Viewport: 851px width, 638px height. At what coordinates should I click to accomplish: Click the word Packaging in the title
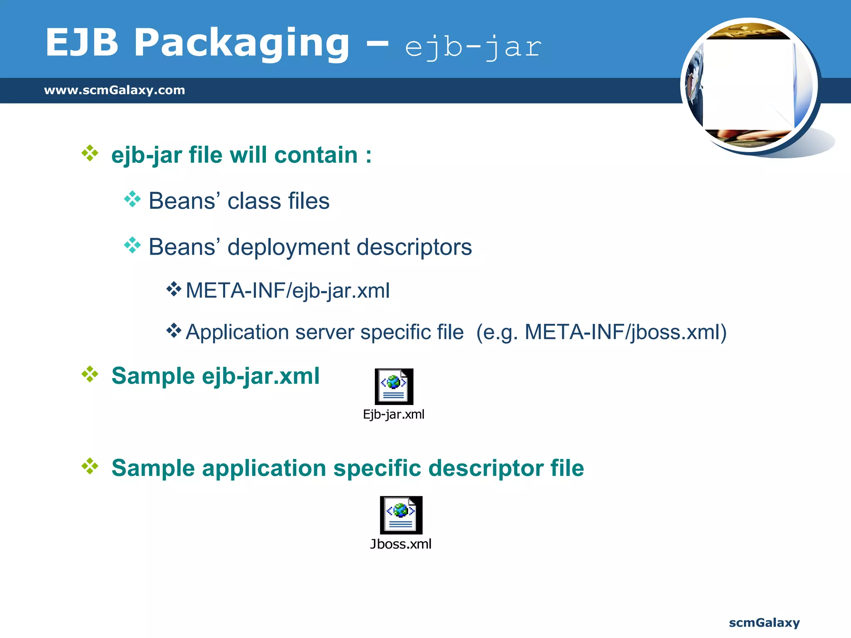(241, 43)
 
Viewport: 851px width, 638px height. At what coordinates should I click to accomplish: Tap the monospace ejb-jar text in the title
(473, 47)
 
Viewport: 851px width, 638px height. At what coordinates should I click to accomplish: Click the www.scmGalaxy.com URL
(114, 90)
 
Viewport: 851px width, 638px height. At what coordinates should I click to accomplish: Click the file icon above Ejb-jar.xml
(394, 386)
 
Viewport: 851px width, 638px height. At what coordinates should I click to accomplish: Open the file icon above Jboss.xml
(401, 515)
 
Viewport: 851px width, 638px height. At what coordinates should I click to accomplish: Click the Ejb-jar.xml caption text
(394, 415)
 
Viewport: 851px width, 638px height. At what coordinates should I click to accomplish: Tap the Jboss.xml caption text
(401, 544)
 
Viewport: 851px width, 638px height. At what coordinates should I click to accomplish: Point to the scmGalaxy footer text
(764, 623)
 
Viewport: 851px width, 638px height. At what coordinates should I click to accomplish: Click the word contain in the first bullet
(316, 155)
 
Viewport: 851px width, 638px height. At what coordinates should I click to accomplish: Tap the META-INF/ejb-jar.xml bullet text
(288, 290)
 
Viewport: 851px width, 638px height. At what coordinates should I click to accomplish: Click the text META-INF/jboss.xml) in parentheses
(625, 332)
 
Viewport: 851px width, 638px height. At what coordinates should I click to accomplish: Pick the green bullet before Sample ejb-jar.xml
(90, 375)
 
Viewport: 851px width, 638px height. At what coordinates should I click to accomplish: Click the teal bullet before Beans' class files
(133, 199)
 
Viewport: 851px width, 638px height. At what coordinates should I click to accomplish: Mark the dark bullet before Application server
(174, 331)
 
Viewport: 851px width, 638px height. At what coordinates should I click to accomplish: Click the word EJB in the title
(82, 43)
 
